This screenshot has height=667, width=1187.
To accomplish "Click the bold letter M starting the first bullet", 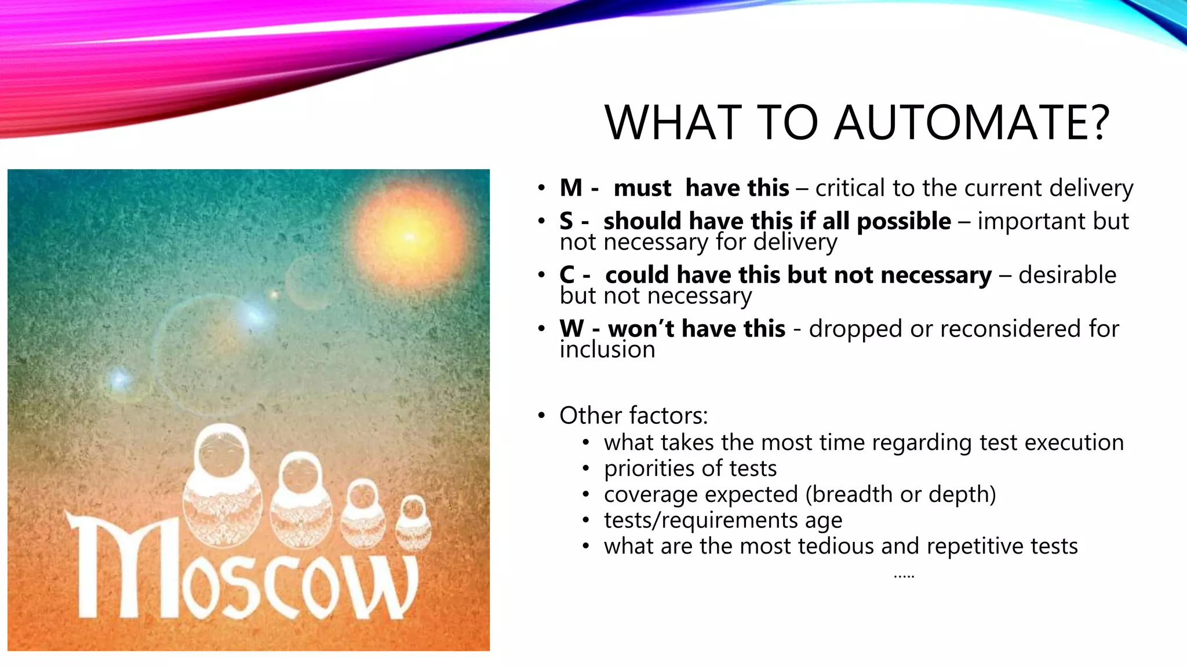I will [x=571, y=188].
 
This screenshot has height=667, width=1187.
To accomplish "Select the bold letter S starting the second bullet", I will [x=566, y=221].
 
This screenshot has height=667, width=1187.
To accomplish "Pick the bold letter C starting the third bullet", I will [x=567, y=275].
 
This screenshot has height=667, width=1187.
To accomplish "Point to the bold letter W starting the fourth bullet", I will [x=572, y=329].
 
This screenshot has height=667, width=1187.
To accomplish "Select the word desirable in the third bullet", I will [x=1067, y=275].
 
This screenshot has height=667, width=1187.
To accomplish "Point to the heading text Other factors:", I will [x=633, y=416].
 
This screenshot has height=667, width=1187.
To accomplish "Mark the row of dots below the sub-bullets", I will [x=904, y=576].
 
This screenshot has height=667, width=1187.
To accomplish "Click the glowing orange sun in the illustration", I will [x=410, y=236].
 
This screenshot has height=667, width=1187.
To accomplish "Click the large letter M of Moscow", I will [x=125, y=565].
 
